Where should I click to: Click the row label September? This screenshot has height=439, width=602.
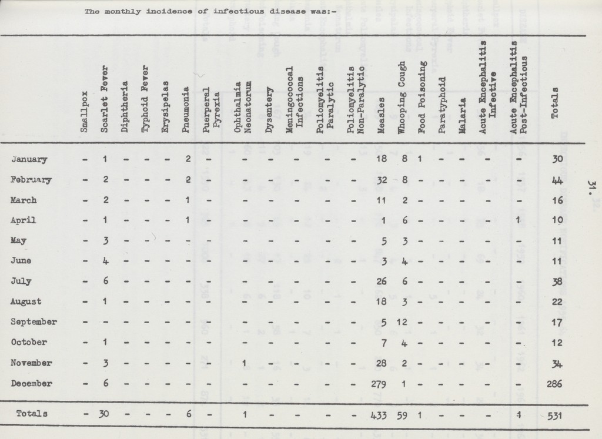point(35,322)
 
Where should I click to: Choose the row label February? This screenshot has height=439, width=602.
point(32,180)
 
